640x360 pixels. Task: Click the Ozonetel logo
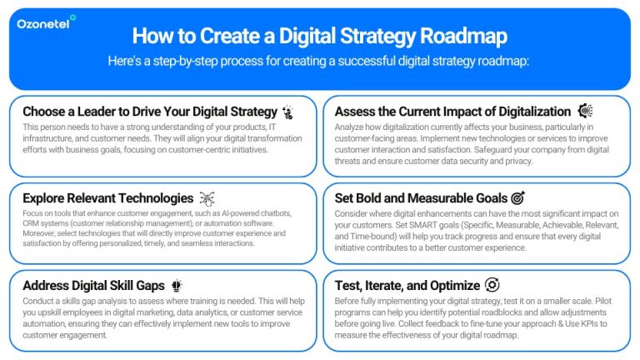(47, 22)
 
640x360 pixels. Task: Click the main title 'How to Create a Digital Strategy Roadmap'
(320, 37)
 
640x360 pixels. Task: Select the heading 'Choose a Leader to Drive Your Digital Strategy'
(150, 112)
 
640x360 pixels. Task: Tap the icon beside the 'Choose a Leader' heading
(288, 112)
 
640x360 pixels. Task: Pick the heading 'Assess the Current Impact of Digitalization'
(452, 112)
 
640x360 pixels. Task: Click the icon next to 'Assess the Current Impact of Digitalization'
(585, 111)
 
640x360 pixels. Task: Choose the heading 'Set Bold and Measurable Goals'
(421, 198)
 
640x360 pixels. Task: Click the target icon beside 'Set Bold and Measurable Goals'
(517, 198)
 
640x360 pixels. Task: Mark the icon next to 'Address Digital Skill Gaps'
(177, 286)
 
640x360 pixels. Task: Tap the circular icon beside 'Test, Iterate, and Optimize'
(492, 286)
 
